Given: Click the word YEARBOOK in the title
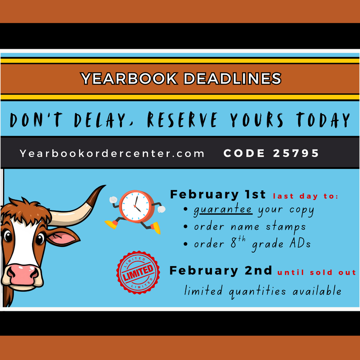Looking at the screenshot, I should pyautogui.click(x=129, y=78).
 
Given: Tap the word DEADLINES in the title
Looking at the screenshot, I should pyautogui.click(x=232, y=78).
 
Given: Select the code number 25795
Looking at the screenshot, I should pyautogui.click(x=296, y=153).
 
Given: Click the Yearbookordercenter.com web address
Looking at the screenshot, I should pyautogui.click(x=112, y=154).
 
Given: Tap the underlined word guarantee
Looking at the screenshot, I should pyautogui.click(x=223, y=210).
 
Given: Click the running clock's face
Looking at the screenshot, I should pyautogui.click(x=136, y=206).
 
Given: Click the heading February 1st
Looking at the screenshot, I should pyautogui.click(x=218, y=195).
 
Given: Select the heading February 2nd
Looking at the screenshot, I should pyautogui.click(x=221, y=270).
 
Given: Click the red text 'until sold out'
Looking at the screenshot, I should pyautogui.click(x=317, y=272).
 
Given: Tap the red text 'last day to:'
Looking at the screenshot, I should pyautogui.click(x=306, y=197).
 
